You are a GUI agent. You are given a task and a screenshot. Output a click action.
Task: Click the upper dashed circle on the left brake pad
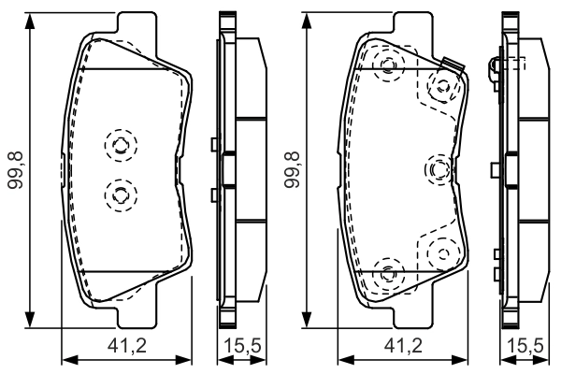point(119,145)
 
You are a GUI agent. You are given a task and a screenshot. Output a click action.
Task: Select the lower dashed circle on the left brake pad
point(119,194)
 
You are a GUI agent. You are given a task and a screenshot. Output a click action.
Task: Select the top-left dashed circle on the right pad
point(389,64)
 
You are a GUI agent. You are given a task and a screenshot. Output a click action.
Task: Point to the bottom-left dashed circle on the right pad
point(389,272)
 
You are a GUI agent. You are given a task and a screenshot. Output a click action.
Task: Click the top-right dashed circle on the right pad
point(439,87)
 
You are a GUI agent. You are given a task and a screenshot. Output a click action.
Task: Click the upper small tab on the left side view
point(215,144)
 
